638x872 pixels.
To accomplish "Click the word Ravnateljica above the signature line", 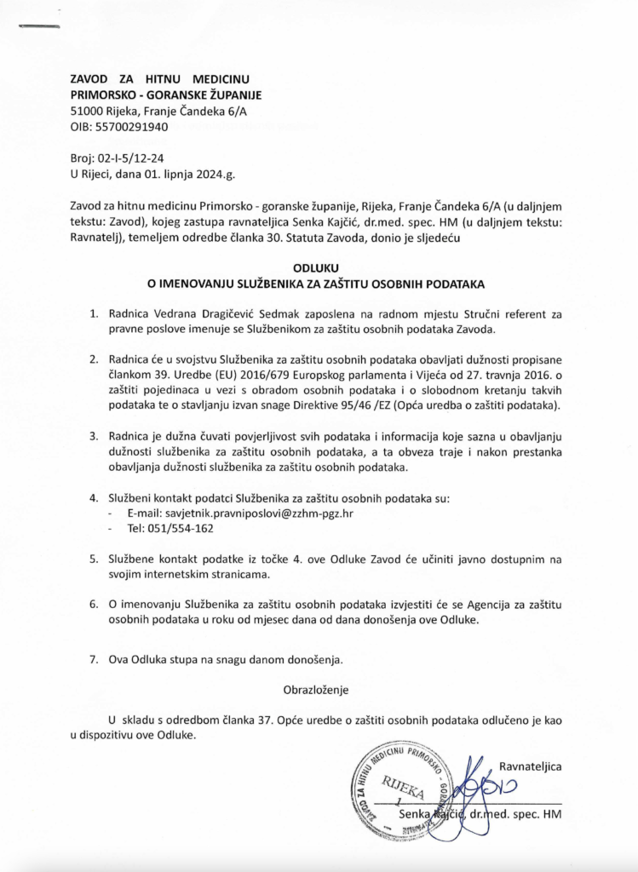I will tap(530, 766).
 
